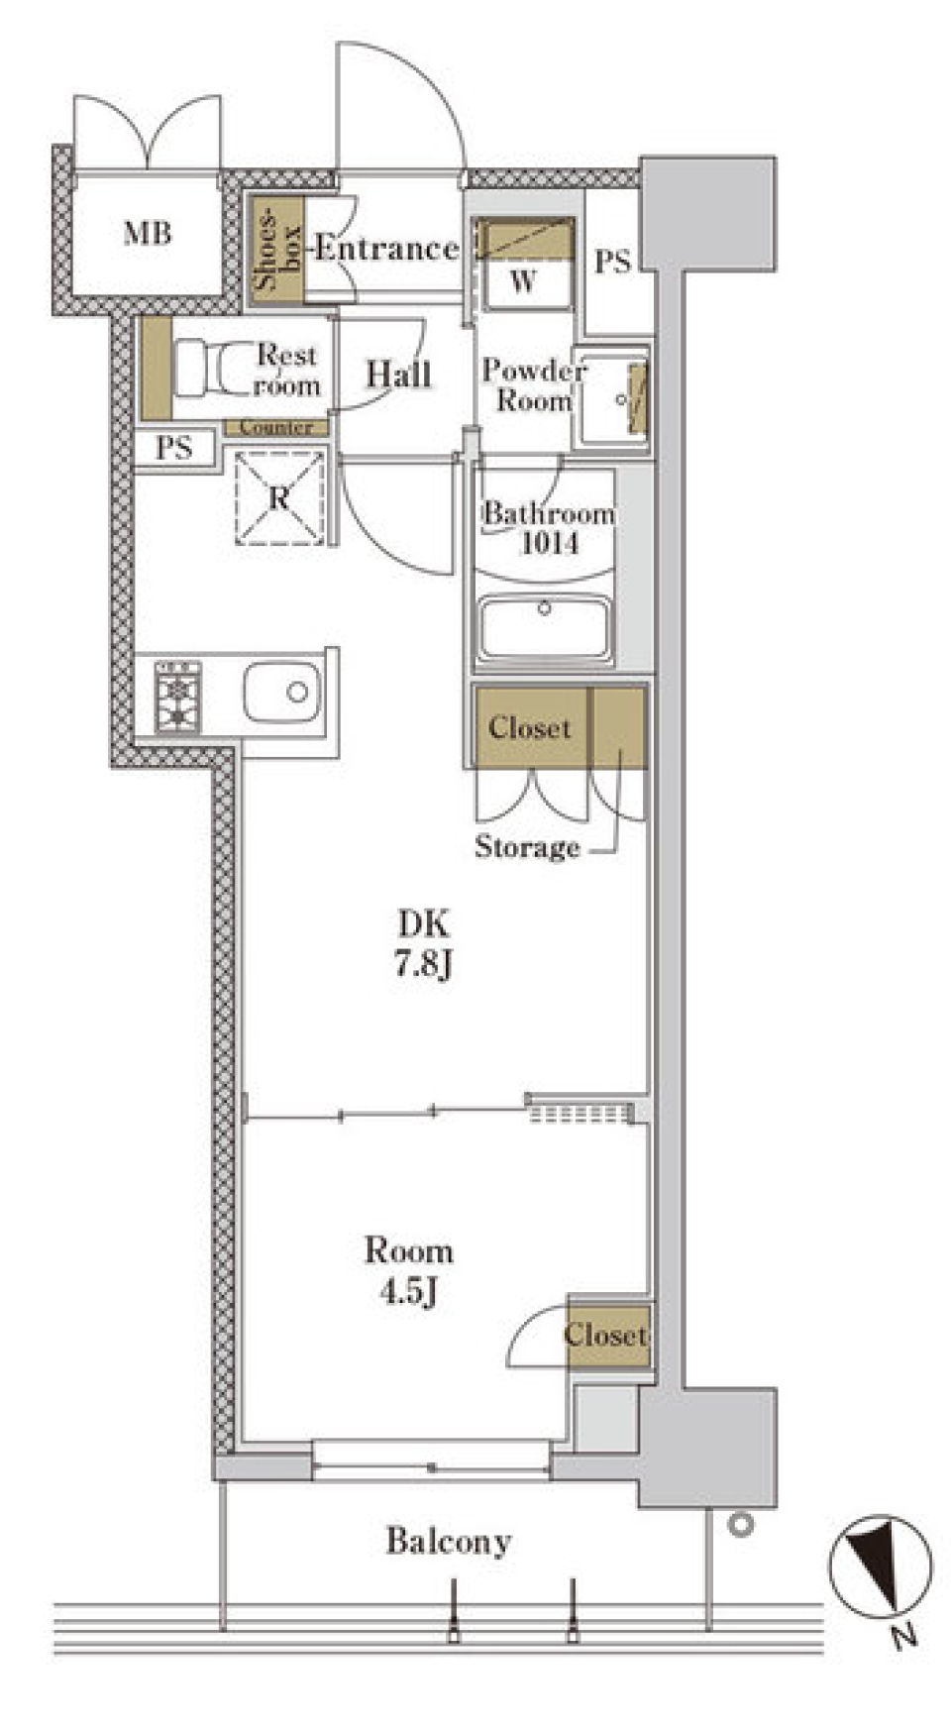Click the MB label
148,234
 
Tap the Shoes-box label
277,247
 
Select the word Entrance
386,248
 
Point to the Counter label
276,428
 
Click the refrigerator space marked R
279,497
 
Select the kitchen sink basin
282,693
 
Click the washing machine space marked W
523,262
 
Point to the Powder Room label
533,385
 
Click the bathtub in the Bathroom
544,627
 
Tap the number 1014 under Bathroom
550,543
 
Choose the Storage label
527,847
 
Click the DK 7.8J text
424,943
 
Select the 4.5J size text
409,1292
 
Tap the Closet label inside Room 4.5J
606,1335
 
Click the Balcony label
449,1542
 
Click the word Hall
399,375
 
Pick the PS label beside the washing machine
612,262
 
